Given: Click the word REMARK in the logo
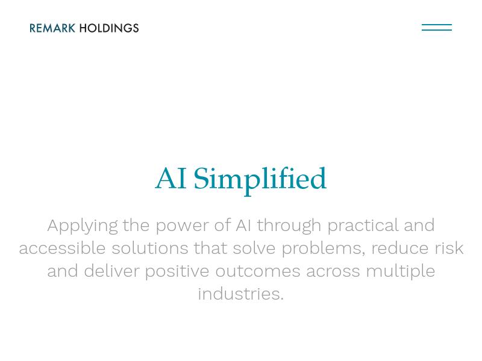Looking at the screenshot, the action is (x=52, y=28).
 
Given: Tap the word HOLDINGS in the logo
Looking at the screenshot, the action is (x=109, y=28).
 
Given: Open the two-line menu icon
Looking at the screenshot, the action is (x=436, y=27).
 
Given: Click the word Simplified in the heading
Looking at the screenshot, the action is (x=260, y=179).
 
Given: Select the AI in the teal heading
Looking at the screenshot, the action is (x=171, y=178).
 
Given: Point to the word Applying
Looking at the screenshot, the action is (x=83, y=226).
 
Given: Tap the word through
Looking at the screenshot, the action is (x=289, y=226).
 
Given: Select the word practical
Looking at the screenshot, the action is (x=363, y=226).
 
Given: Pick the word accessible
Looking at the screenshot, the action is (x=62, y=248).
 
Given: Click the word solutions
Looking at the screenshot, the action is (x=149, y=248).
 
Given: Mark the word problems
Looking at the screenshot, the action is (x=323, y=249).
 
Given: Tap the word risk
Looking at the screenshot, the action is (x=449, y=248).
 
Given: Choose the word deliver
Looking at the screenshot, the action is (x=111, y=271).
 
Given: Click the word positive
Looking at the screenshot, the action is (x=177, y=272).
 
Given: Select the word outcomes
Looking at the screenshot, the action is (x=258, y=271).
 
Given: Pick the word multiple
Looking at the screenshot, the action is (x=400, y=272).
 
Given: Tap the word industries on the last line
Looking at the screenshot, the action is (x=240, y=294).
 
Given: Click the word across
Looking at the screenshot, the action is (x=333, y=272).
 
